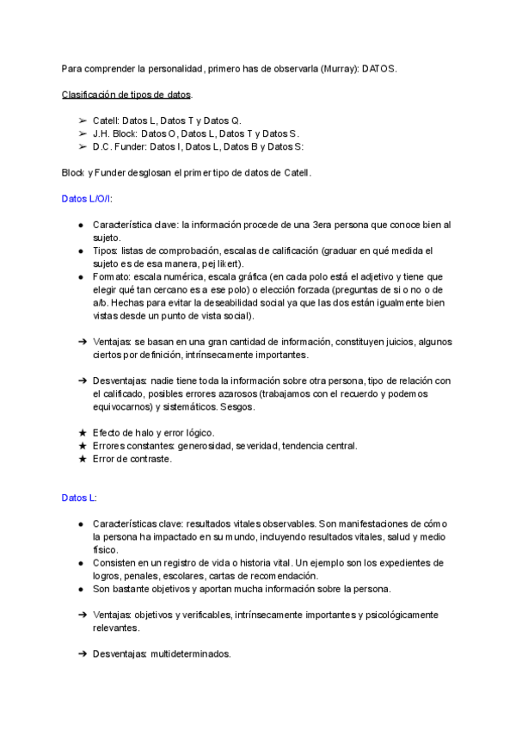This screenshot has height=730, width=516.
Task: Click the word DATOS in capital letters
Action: [379, 68]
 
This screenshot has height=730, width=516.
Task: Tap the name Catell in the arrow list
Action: [106, 121]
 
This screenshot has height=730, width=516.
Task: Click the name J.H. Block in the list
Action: [114, 133]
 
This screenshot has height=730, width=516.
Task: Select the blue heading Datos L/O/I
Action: [87, 198]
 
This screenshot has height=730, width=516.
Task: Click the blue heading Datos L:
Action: [79, 498]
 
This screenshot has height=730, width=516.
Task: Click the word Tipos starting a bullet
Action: [106, 251]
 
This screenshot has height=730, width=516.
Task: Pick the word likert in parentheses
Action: [228, 263]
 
